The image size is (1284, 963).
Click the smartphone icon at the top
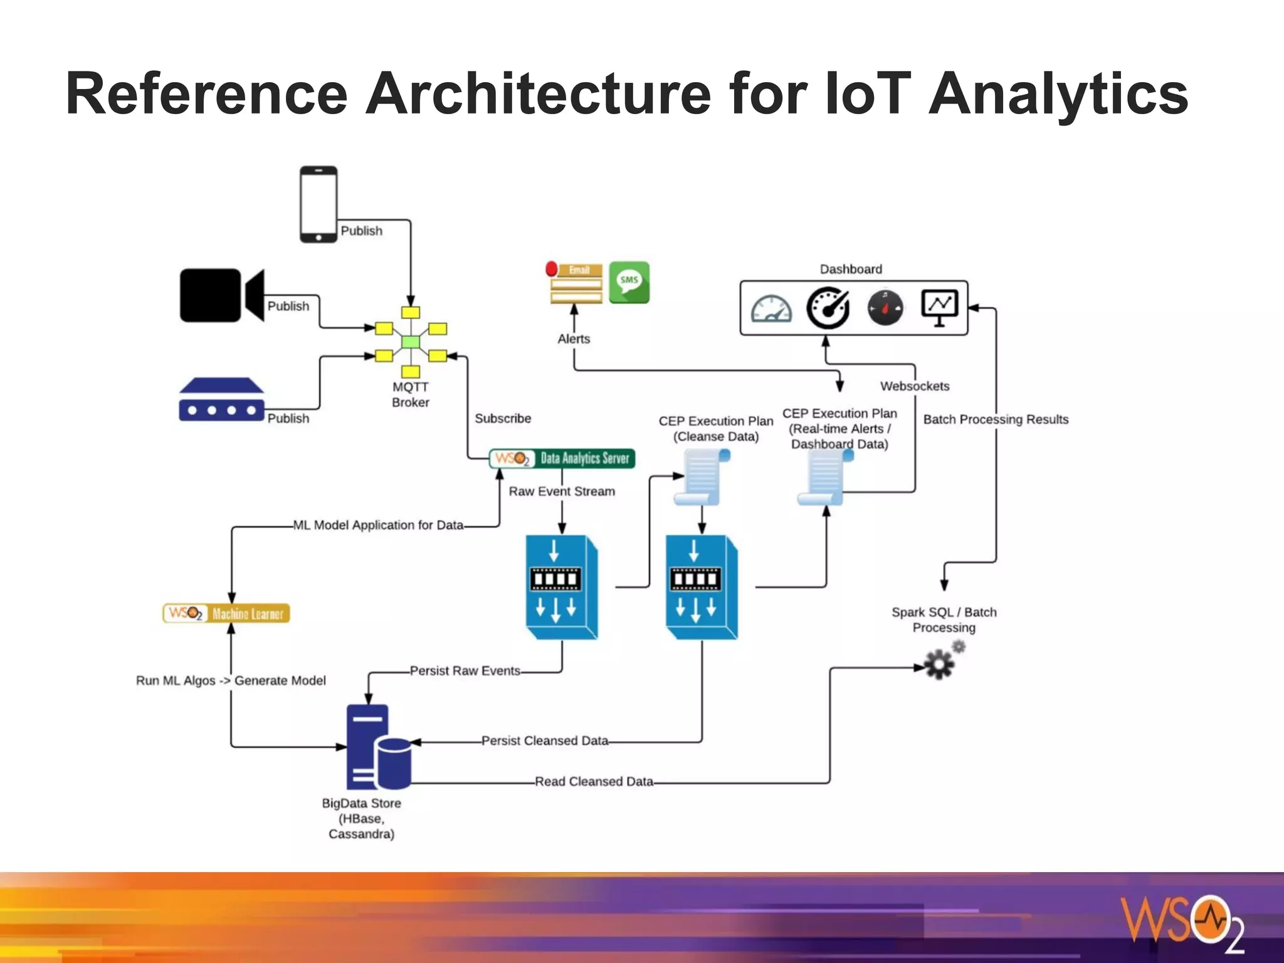(x=318, y=204)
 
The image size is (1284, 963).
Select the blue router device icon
(x=221, y=400)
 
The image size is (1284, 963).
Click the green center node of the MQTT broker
(x=411, y=342)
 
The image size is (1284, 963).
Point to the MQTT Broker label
(x=411, y=394)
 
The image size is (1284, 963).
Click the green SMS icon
(x=629, y=282)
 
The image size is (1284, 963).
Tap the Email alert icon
(x=576, y=283)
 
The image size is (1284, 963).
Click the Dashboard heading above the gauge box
(x=851, y=269)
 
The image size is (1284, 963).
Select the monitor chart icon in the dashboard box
(x=939, y=307)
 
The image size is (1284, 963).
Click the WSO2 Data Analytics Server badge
(x=562, y=458)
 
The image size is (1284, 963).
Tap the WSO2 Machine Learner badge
(x=226, y=613)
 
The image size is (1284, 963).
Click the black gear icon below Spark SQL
(x=939, y=664)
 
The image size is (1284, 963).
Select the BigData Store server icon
(x=378, y=747)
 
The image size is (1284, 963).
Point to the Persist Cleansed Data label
(x=544, y=741)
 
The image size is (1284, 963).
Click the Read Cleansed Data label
(x=594, y=782)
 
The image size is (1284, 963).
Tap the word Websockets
(x=914, y=386)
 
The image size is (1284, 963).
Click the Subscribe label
(x=503, y=418)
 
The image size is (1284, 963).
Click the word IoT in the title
(x=867, y=94)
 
